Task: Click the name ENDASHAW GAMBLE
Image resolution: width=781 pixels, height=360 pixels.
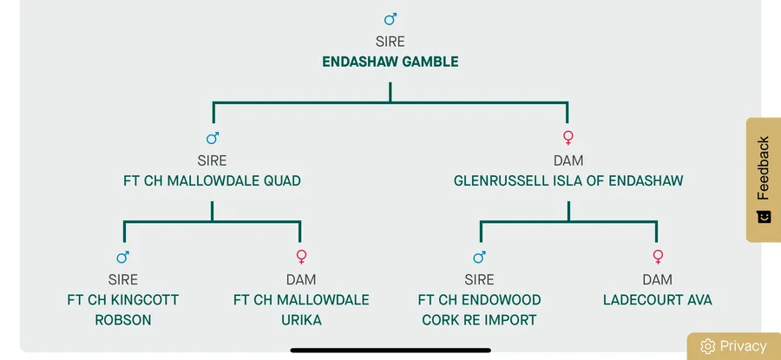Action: pos(390,62)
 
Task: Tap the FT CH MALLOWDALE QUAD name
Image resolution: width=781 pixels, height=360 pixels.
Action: pos(212,181)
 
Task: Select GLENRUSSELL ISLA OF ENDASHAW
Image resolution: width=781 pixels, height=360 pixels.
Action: pos(568,181)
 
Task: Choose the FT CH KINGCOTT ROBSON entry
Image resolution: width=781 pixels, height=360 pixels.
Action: pos(123,310)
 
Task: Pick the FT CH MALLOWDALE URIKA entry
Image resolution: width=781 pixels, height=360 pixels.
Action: pos(301,310)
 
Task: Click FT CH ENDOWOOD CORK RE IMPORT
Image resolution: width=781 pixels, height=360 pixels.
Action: pos(479,310)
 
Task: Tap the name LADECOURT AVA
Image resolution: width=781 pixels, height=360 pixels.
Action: pos(657,300)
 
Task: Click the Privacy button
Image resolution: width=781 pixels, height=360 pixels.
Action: pos(734,346)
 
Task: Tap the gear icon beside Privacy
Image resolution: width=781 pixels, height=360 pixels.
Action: pos(707,346)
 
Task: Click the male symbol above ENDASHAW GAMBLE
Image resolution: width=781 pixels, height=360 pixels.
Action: pos(390,18)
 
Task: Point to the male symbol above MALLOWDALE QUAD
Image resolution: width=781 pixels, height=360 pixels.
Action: pos(213,137)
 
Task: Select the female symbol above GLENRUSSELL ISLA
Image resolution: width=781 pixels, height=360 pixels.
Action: pos(568,137)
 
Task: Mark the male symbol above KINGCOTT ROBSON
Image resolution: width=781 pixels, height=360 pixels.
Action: pos(123,257)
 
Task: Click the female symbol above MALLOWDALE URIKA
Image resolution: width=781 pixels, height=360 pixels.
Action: pos(301,257)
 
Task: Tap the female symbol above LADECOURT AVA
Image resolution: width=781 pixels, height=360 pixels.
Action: pos(657,257)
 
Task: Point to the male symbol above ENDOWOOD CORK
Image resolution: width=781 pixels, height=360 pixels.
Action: pos(479,257)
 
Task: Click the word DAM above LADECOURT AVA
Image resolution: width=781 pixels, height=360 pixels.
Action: pos(657,279)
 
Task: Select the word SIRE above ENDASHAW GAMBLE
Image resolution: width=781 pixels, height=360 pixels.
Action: pos(390,41)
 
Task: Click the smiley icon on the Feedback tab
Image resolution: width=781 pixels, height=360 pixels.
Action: pos(764,216)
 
